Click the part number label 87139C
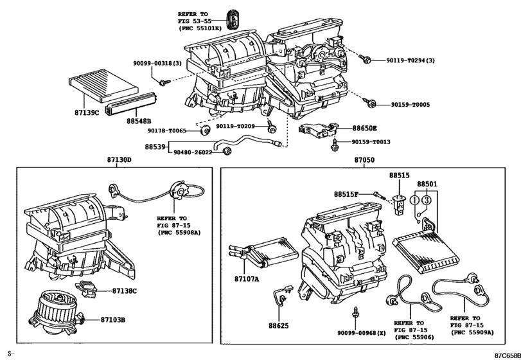(87, 113)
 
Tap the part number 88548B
(139, 121)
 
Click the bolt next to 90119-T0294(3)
(365, 60)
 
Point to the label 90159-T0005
(411, 104)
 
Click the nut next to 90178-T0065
(205, 130)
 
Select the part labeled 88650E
(318, 130)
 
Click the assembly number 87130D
(119, 160)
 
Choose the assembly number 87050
(364, 160)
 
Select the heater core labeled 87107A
(263, 253)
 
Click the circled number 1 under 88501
(414, 201)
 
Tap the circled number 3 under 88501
(427, 200)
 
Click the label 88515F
(346, 194)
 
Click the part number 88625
(279, 326)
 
